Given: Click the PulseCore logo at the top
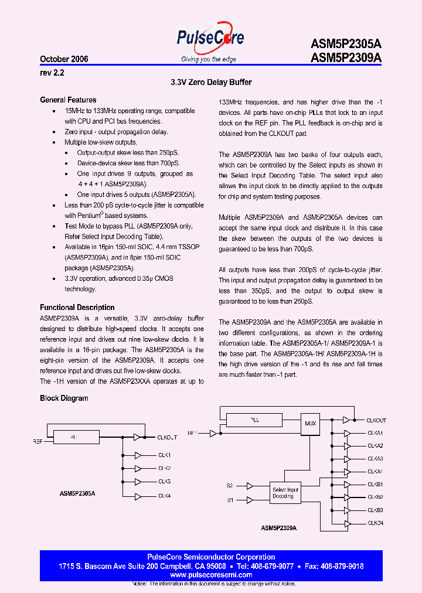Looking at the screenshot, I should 210,40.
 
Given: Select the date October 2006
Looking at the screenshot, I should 64,59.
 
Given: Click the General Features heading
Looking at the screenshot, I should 68,100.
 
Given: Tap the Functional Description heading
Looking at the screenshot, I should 77,307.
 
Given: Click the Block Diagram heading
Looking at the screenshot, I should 64,398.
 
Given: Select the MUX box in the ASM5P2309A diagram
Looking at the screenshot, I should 311,422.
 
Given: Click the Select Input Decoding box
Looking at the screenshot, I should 285,493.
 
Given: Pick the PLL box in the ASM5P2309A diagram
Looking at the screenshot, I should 254,420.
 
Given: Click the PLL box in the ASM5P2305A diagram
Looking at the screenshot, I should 73,437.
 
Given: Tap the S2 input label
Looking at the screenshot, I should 230,485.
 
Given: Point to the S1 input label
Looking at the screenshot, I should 230,499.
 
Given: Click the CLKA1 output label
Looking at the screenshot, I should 375,433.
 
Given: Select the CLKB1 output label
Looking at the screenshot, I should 375,484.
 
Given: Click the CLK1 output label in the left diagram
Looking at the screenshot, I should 164,455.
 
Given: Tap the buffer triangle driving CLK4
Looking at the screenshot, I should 138,495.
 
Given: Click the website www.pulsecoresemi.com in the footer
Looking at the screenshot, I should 211,575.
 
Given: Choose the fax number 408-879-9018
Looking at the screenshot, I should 339,566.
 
